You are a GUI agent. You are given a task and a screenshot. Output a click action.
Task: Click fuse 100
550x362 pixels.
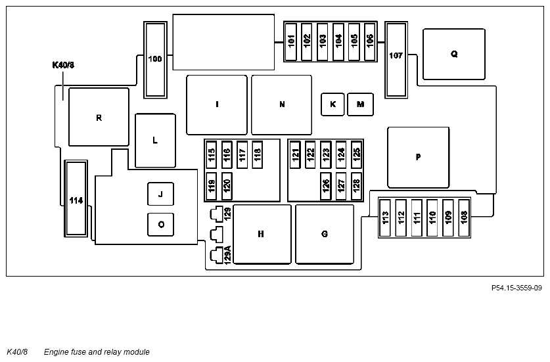pos(155,60)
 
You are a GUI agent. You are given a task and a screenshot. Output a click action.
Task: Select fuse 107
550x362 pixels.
pos(396,60)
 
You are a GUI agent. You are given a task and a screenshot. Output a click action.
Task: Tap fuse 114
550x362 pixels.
pos(76,198)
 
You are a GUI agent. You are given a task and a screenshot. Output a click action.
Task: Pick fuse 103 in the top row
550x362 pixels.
pos(323,42)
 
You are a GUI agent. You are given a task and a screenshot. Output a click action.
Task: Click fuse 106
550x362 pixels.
pos(370,42)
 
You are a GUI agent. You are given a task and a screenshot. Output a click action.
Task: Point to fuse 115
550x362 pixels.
pos(211,154)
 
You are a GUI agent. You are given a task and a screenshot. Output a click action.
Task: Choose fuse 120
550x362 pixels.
pos(227,186)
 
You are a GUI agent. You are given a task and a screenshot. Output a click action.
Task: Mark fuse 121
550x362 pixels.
pos(295,154)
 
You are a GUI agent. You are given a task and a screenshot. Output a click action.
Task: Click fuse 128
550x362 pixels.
pos(356,186)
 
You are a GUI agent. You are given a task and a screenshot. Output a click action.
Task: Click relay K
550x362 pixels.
pos(332,104)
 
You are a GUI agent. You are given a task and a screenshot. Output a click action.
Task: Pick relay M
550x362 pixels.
pos(360,104)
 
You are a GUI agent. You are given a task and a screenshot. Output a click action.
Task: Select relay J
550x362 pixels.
pos(160,194)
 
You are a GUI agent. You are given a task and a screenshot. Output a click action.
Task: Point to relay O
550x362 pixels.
pos(160,225)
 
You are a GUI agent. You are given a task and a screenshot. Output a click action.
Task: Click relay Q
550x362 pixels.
pos(454,55)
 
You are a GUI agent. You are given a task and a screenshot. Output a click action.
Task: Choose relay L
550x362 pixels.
pos(155,141)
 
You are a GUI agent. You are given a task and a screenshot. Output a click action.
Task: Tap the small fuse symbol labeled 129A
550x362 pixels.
pos(216,255)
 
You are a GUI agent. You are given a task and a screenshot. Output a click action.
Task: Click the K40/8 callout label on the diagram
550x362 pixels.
pos(63,65)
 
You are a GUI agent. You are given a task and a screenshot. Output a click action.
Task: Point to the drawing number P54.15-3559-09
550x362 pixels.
pos(516,288)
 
